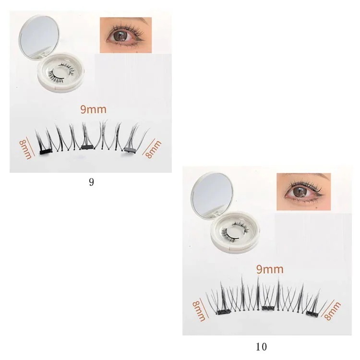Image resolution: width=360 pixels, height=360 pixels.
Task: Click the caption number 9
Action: pyautogui.click(x=91, y=182)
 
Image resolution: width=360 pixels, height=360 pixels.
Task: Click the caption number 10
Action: pyautogui.click(x=261, y=347)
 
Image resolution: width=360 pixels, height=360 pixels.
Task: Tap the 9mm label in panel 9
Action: pyautogui.click(x=93, y=109)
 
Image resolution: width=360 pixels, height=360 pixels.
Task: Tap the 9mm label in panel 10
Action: pyautogui.click(x=270, y=269)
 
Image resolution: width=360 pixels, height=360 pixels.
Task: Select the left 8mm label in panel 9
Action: pyautogui.click(x=25, y=148)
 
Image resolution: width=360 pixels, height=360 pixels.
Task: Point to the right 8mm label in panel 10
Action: pyautogui.click(x=332, y=312)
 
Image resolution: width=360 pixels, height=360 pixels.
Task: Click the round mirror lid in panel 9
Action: pyautogui.click(x=39, y=38)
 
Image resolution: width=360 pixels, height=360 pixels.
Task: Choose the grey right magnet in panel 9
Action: pyautogui.click(x=131, y=149)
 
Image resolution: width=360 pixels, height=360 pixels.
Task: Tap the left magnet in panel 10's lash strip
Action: pyautogui.click(x=223, y=312)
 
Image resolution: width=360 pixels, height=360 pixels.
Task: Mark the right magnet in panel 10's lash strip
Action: pyautogui.click(x=312, y=313)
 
